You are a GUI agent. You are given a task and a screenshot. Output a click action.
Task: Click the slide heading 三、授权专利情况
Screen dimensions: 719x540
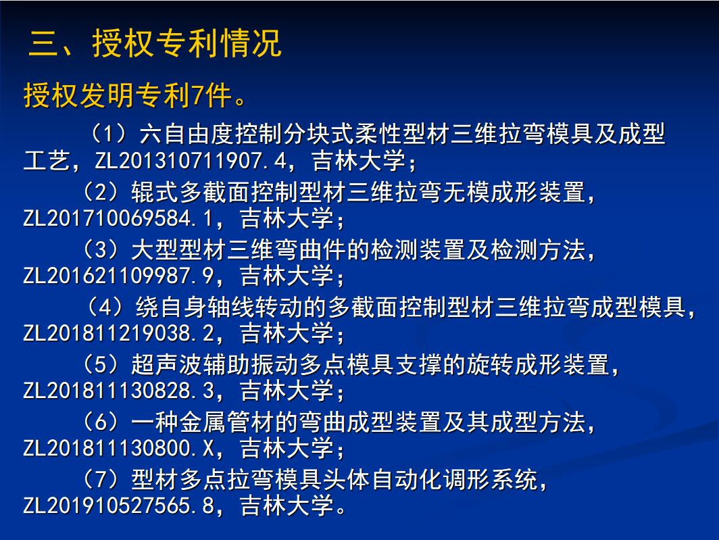pos(155,43)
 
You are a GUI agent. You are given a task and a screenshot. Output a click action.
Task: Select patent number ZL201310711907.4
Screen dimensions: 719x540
pos(191,161)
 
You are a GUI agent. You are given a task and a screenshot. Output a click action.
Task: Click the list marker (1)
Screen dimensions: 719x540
pos(109,134)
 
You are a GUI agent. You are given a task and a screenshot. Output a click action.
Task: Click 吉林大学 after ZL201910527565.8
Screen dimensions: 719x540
pos(287,506)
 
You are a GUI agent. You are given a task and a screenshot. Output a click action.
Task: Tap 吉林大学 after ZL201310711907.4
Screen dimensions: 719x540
pos(359,161)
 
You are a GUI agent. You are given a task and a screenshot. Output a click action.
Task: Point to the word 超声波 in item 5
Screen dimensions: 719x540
pos(168,365)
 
